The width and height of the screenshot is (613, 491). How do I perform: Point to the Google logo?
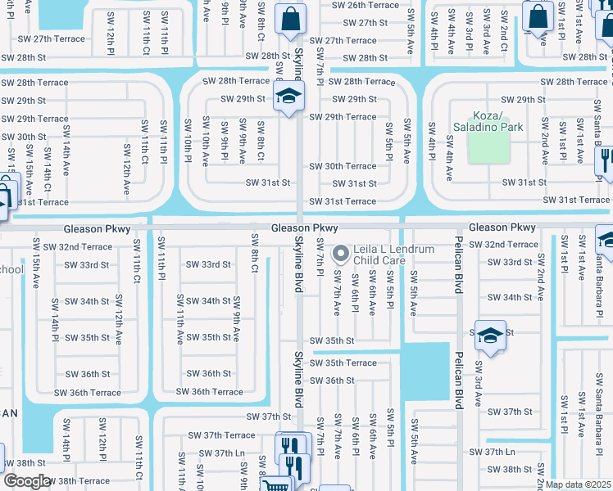[x=26, y=481]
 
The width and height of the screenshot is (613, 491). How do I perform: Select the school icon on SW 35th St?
[x=490, y=336]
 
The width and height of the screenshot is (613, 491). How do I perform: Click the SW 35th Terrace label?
[x=344, y=363]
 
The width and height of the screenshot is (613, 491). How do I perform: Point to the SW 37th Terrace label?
[x=221, y=435]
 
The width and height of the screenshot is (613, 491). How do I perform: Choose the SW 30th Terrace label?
[x=343, y=166]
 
